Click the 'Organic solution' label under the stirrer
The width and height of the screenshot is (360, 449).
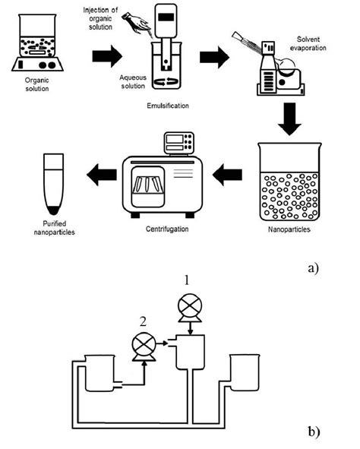37,84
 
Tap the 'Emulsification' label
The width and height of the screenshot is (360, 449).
168,106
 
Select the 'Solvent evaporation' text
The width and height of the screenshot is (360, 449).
308,43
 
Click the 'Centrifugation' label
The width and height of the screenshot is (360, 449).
167,229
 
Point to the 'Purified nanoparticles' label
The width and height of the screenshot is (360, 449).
55,228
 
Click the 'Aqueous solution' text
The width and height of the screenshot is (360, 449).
133,81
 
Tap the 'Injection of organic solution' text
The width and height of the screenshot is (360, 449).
100,18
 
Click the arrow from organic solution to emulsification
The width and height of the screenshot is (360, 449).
107,56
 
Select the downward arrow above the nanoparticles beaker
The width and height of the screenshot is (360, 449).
289,119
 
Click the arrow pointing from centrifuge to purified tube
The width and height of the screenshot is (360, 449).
102,175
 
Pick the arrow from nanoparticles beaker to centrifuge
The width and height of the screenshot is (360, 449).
228,175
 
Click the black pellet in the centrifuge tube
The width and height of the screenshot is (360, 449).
53,210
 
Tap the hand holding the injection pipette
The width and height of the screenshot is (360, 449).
137,23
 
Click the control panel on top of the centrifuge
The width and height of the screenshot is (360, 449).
178,143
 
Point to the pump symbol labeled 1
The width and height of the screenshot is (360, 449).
190,308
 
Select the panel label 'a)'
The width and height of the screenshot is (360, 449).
314,268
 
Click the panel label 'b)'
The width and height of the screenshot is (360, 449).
314,432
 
